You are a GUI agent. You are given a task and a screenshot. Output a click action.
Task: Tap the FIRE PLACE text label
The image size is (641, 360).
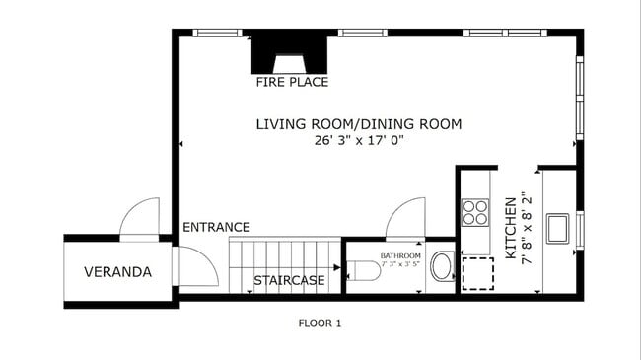click(x=292, y=82)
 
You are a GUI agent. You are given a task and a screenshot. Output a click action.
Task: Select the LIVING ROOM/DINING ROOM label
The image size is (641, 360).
click(x=359, y=124)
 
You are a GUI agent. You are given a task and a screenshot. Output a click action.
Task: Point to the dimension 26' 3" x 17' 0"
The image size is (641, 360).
click(x=358, y=141)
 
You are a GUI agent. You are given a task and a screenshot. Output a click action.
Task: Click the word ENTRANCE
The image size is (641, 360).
click(x=216, y=227)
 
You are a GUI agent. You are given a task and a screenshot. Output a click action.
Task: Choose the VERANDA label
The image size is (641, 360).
click(x=117, y=271)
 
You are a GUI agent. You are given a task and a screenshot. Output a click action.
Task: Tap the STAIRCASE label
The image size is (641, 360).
click(x=289, y=281)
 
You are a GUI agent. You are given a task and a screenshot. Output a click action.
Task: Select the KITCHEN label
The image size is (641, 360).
click(x=511, y=227)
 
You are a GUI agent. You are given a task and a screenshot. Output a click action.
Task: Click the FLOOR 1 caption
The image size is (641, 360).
click(x=320, y=323)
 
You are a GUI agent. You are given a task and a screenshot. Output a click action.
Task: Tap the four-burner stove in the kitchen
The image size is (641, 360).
click(x=475, y=213)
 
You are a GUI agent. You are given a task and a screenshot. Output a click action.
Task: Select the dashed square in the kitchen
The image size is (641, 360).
click(x=477, y=272)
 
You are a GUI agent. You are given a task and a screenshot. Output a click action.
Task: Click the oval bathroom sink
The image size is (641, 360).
click(x=442, y=266)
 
